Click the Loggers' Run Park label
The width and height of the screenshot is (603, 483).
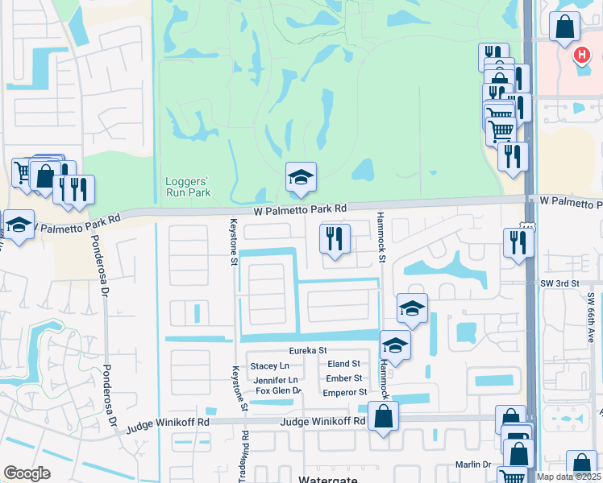click(188, 187)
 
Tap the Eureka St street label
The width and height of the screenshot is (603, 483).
click(308, 350)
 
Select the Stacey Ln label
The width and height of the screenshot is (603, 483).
click(269, 366)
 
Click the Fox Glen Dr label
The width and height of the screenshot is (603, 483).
click(278, 391)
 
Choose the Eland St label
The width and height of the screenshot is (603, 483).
click(343, 364)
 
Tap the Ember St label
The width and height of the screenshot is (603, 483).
click(344, 378)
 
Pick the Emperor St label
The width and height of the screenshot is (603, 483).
click(344, 393)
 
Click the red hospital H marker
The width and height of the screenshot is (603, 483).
click(582, 55)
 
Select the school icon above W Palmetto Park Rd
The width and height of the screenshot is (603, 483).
click(301, 178)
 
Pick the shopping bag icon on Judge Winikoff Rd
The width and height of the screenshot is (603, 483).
click(383, 417)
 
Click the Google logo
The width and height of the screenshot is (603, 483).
click(27, 473)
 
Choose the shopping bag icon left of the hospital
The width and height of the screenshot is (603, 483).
click(565, 27)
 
